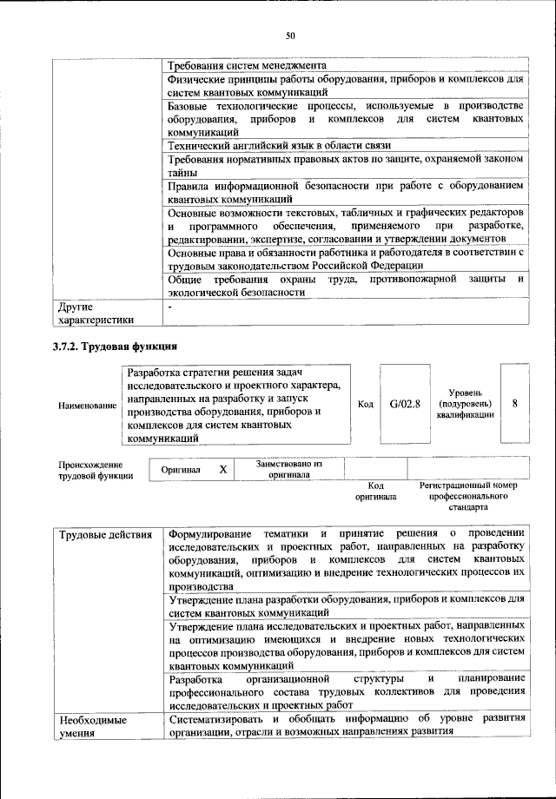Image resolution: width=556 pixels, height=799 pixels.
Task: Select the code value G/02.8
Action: tap(405, 404)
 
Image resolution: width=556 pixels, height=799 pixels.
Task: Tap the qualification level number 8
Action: tap(515, 404)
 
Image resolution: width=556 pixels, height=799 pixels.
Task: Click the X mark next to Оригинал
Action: tap(222, 469)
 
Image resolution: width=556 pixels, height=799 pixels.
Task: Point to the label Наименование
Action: tap(86, 406)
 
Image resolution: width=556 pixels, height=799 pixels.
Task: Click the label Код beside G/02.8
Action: tap(366, 405)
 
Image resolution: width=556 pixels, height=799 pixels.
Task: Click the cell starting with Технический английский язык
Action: tap(279, 144)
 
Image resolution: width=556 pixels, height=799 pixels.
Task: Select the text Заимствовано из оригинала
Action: tap(289, 470)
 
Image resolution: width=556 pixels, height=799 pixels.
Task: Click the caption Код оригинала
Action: tap(375, 492)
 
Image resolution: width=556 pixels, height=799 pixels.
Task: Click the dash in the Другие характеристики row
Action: tap(171, 307)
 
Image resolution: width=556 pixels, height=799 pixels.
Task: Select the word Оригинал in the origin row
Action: tap(181, 470)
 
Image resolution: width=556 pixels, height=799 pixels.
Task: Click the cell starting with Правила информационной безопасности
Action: tap(345, 192)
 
